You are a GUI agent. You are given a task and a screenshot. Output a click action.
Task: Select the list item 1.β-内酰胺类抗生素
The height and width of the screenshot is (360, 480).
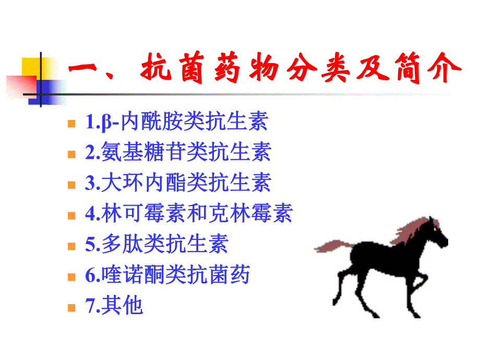[176, 122]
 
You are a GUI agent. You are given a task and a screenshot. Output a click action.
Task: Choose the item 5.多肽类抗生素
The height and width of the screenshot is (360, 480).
[157, 244]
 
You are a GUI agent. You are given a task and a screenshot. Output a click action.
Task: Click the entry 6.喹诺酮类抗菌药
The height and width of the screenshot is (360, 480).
[167, 275]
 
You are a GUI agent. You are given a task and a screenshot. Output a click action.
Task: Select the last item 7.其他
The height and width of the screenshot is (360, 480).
[114, 306]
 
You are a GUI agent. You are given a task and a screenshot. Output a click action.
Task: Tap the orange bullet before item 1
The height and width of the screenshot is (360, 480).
[72, 124]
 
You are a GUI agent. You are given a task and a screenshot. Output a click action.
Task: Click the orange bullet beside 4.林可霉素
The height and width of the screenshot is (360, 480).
[72, 215]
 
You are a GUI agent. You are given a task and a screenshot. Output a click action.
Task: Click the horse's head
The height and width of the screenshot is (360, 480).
[438, 237]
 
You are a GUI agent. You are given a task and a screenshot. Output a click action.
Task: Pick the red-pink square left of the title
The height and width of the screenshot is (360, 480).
[20, 83]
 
